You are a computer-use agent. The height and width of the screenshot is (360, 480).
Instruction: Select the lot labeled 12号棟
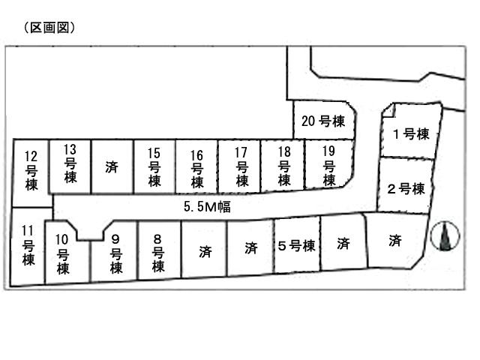tap(31, 171)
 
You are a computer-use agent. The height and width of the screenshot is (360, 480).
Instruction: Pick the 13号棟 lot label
tap(70, 163)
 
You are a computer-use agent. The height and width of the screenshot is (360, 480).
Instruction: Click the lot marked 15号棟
tap(154, 166)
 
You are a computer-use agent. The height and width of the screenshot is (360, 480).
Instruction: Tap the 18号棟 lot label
tap(283, 166)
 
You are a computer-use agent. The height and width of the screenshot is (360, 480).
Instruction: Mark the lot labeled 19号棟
tap(328, 166)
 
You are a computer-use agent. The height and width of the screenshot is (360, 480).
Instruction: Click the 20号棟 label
tap(322, 120)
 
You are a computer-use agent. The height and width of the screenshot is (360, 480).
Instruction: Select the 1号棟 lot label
tap(411, 134)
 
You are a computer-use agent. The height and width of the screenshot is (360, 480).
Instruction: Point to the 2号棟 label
tap(406, 187)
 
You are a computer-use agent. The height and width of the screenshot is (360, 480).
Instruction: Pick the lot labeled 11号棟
tap(28, 245)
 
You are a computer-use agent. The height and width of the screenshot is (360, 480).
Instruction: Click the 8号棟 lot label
tap(157, 253)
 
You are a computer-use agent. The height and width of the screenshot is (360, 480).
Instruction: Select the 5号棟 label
tap(295, 245)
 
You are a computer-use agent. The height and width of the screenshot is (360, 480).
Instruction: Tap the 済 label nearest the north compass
tap(394, 241)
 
